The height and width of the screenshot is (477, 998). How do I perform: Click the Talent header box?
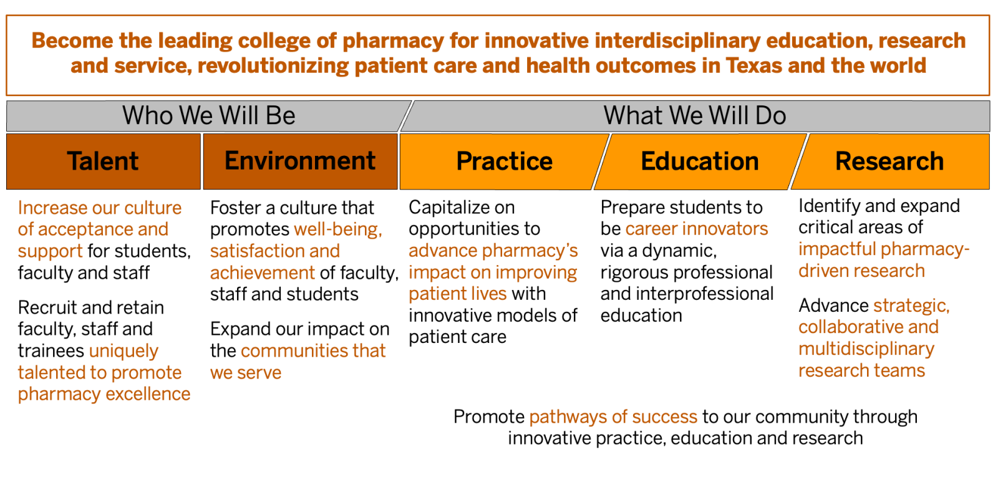[104, 161]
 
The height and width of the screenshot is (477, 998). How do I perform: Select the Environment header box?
[300, 161]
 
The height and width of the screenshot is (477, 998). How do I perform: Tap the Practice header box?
[505, 161]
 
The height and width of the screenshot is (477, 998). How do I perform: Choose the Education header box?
[700, 161]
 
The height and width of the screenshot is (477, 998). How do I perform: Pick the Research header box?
[890, 161]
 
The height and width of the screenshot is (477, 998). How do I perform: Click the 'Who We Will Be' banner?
[208, 116]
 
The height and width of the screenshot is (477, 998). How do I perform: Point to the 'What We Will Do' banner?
[695, 116]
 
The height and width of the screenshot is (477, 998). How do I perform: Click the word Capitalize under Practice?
[462, 208]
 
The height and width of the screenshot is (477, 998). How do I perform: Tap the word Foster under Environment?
[236, 208]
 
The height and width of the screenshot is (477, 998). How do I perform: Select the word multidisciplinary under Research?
[866, 349]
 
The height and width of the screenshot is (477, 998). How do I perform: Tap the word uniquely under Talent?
[124, 352]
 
